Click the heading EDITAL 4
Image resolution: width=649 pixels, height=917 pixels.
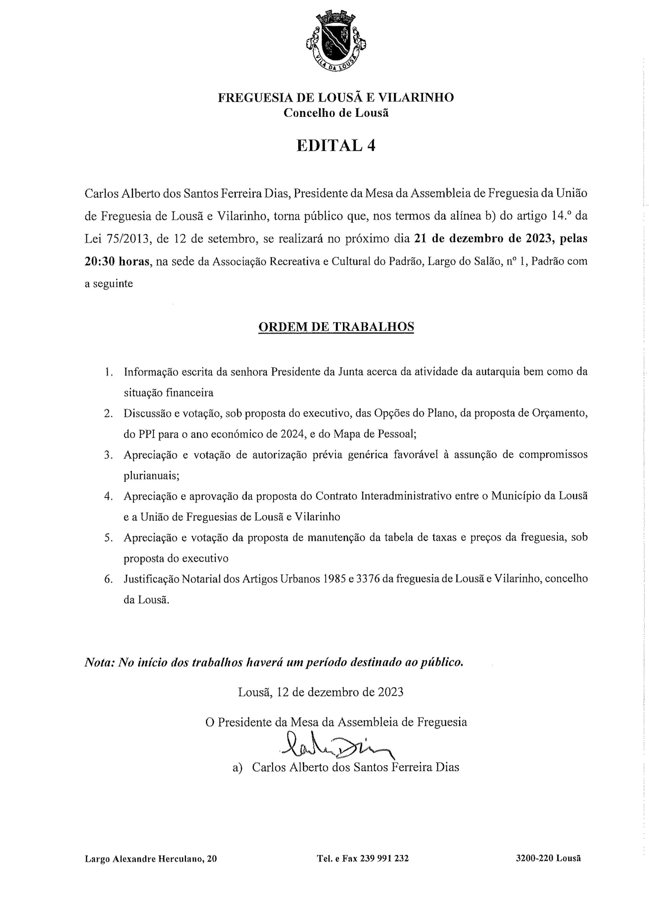pos(336,145)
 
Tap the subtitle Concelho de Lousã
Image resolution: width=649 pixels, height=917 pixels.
pos(336,113)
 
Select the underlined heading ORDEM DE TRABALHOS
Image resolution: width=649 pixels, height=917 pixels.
pos(336,327)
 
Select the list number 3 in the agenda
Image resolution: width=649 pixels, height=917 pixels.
pos(108,455)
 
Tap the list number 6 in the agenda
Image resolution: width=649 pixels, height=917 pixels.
pos(108,579)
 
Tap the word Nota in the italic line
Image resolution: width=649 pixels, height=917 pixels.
pos(99,663)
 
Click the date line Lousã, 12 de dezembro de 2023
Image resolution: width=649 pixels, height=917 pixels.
pos(320,692)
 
